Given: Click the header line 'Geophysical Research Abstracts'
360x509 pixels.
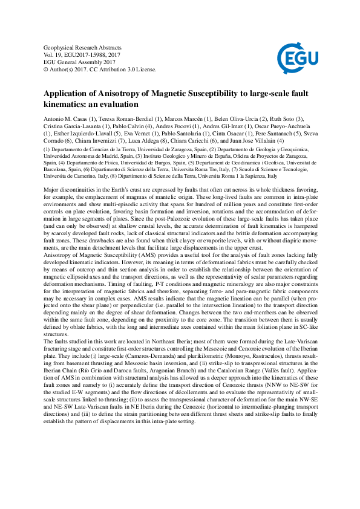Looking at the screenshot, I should click(x=83, y=47).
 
